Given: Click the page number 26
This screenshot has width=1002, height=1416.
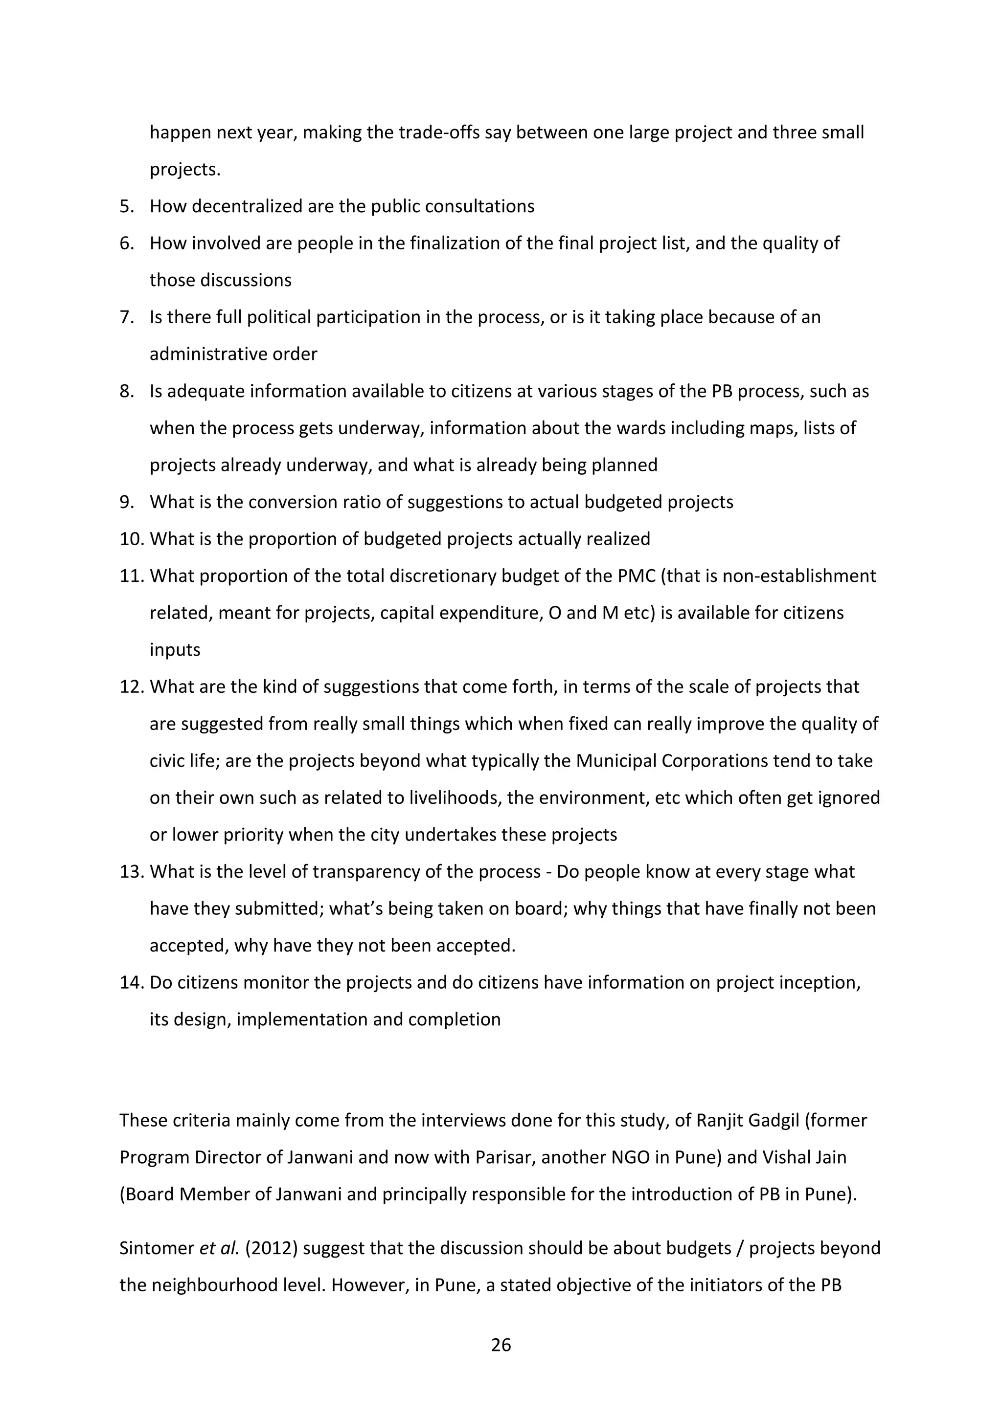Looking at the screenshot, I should click(x=501, y=1345).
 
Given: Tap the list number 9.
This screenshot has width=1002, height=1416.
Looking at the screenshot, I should click(x=127, y=502).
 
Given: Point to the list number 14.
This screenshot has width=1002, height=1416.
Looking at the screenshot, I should click(x=132, y=982).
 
